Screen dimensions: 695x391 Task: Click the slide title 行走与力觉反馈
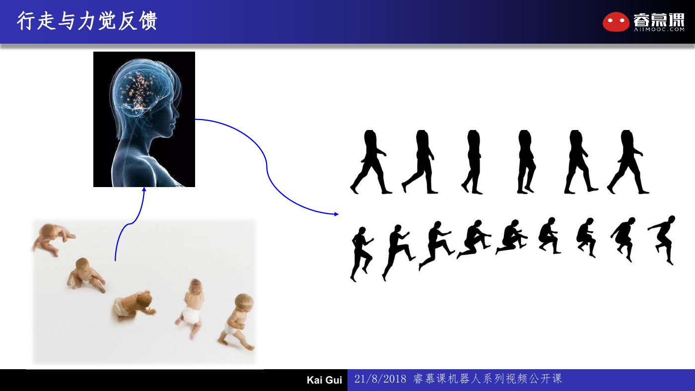pos(87,21)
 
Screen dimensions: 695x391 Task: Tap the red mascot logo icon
pos(616,22)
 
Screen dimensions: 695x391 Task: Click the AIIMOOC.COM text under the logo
pos(659,29)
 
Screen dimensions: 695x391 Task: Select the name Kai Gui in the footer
pos(324,380)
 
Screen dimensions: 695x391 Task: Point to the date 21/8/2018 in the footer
pos(380,379)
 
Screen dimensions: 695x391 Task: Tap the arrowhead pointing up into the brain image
pos(144,189)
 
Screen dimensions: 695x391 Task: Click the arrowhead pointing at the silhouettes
pos(337,214)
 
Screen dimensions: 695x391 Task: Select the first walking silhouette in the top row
pos(371,162)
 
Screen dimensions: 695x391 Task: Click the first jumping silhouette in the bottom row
pos(362,254)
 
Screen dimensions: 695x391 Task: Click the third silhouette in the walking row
pos(472,162)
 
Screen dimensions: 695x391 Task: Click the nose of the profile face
pos(177,116)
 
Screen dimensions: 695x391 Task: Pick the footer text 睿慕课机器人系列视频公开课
pos(487,379)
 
